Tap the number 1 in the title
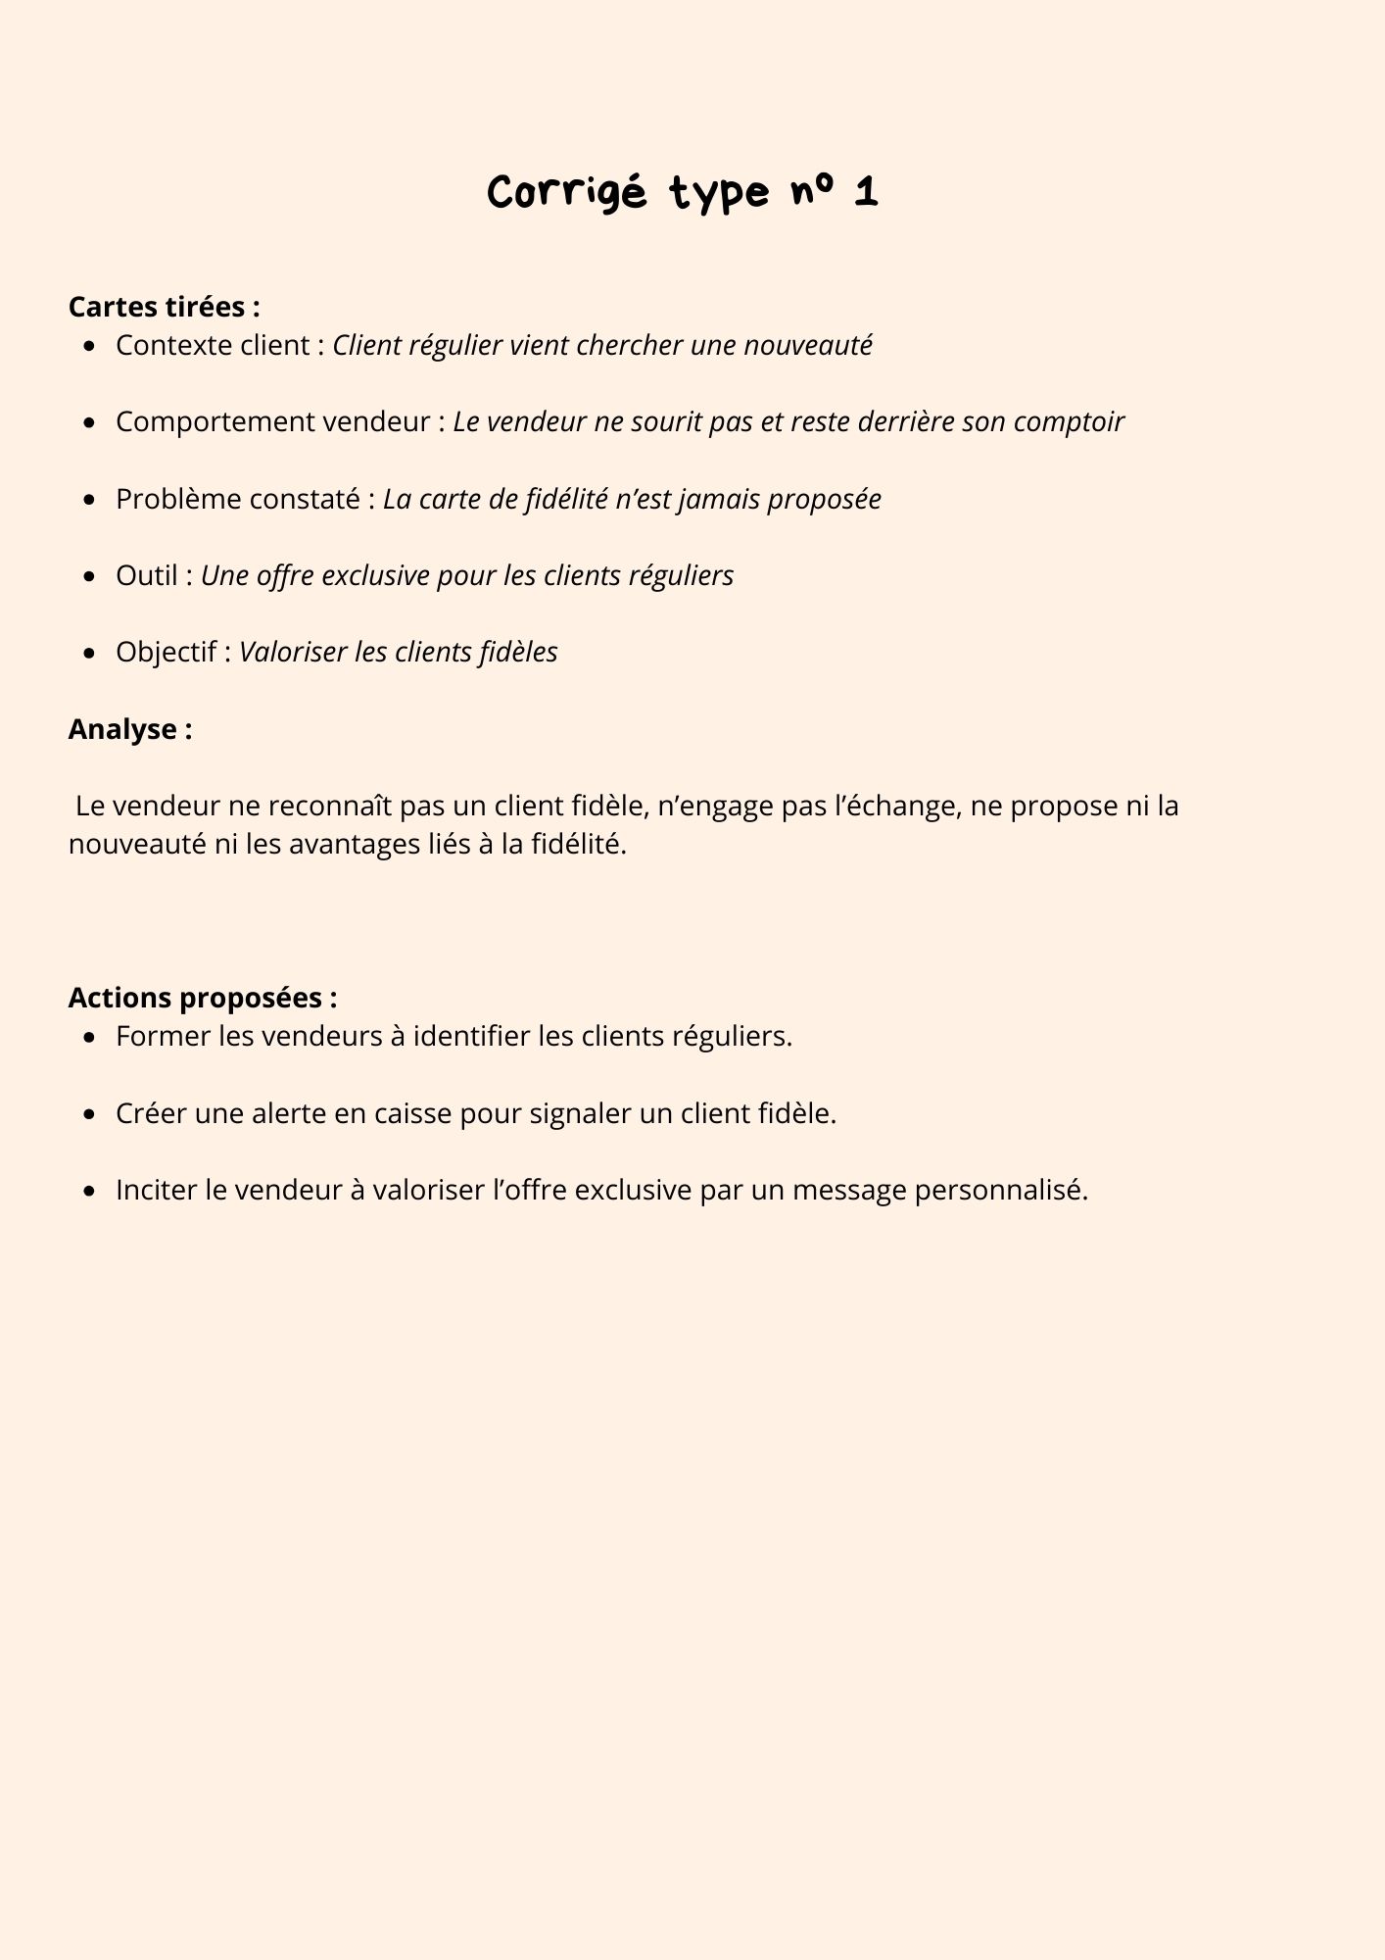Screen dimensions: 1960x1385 coord(865,193)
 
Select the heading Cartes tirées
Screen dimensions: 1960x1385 coord(164,307)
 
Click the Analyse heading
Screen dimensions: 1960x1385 coord(129,729)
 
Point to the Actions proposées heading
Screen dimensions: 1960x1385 coord(202,998)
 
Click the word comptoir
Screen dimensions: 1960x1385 coord(1069,422)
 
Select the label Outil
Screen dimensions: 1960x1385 coord(146,575)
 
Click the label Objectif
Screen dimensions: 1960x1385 coord(166,652)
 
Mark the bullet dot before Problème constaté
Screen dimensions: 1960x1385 coord(90,500)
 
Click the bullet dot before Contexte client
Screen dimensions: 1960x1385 coord(90,346)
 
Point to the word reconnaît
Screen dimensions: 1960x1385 coord(331,806)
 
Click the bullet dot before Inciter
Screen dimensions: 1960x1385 coord(90,1192)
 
